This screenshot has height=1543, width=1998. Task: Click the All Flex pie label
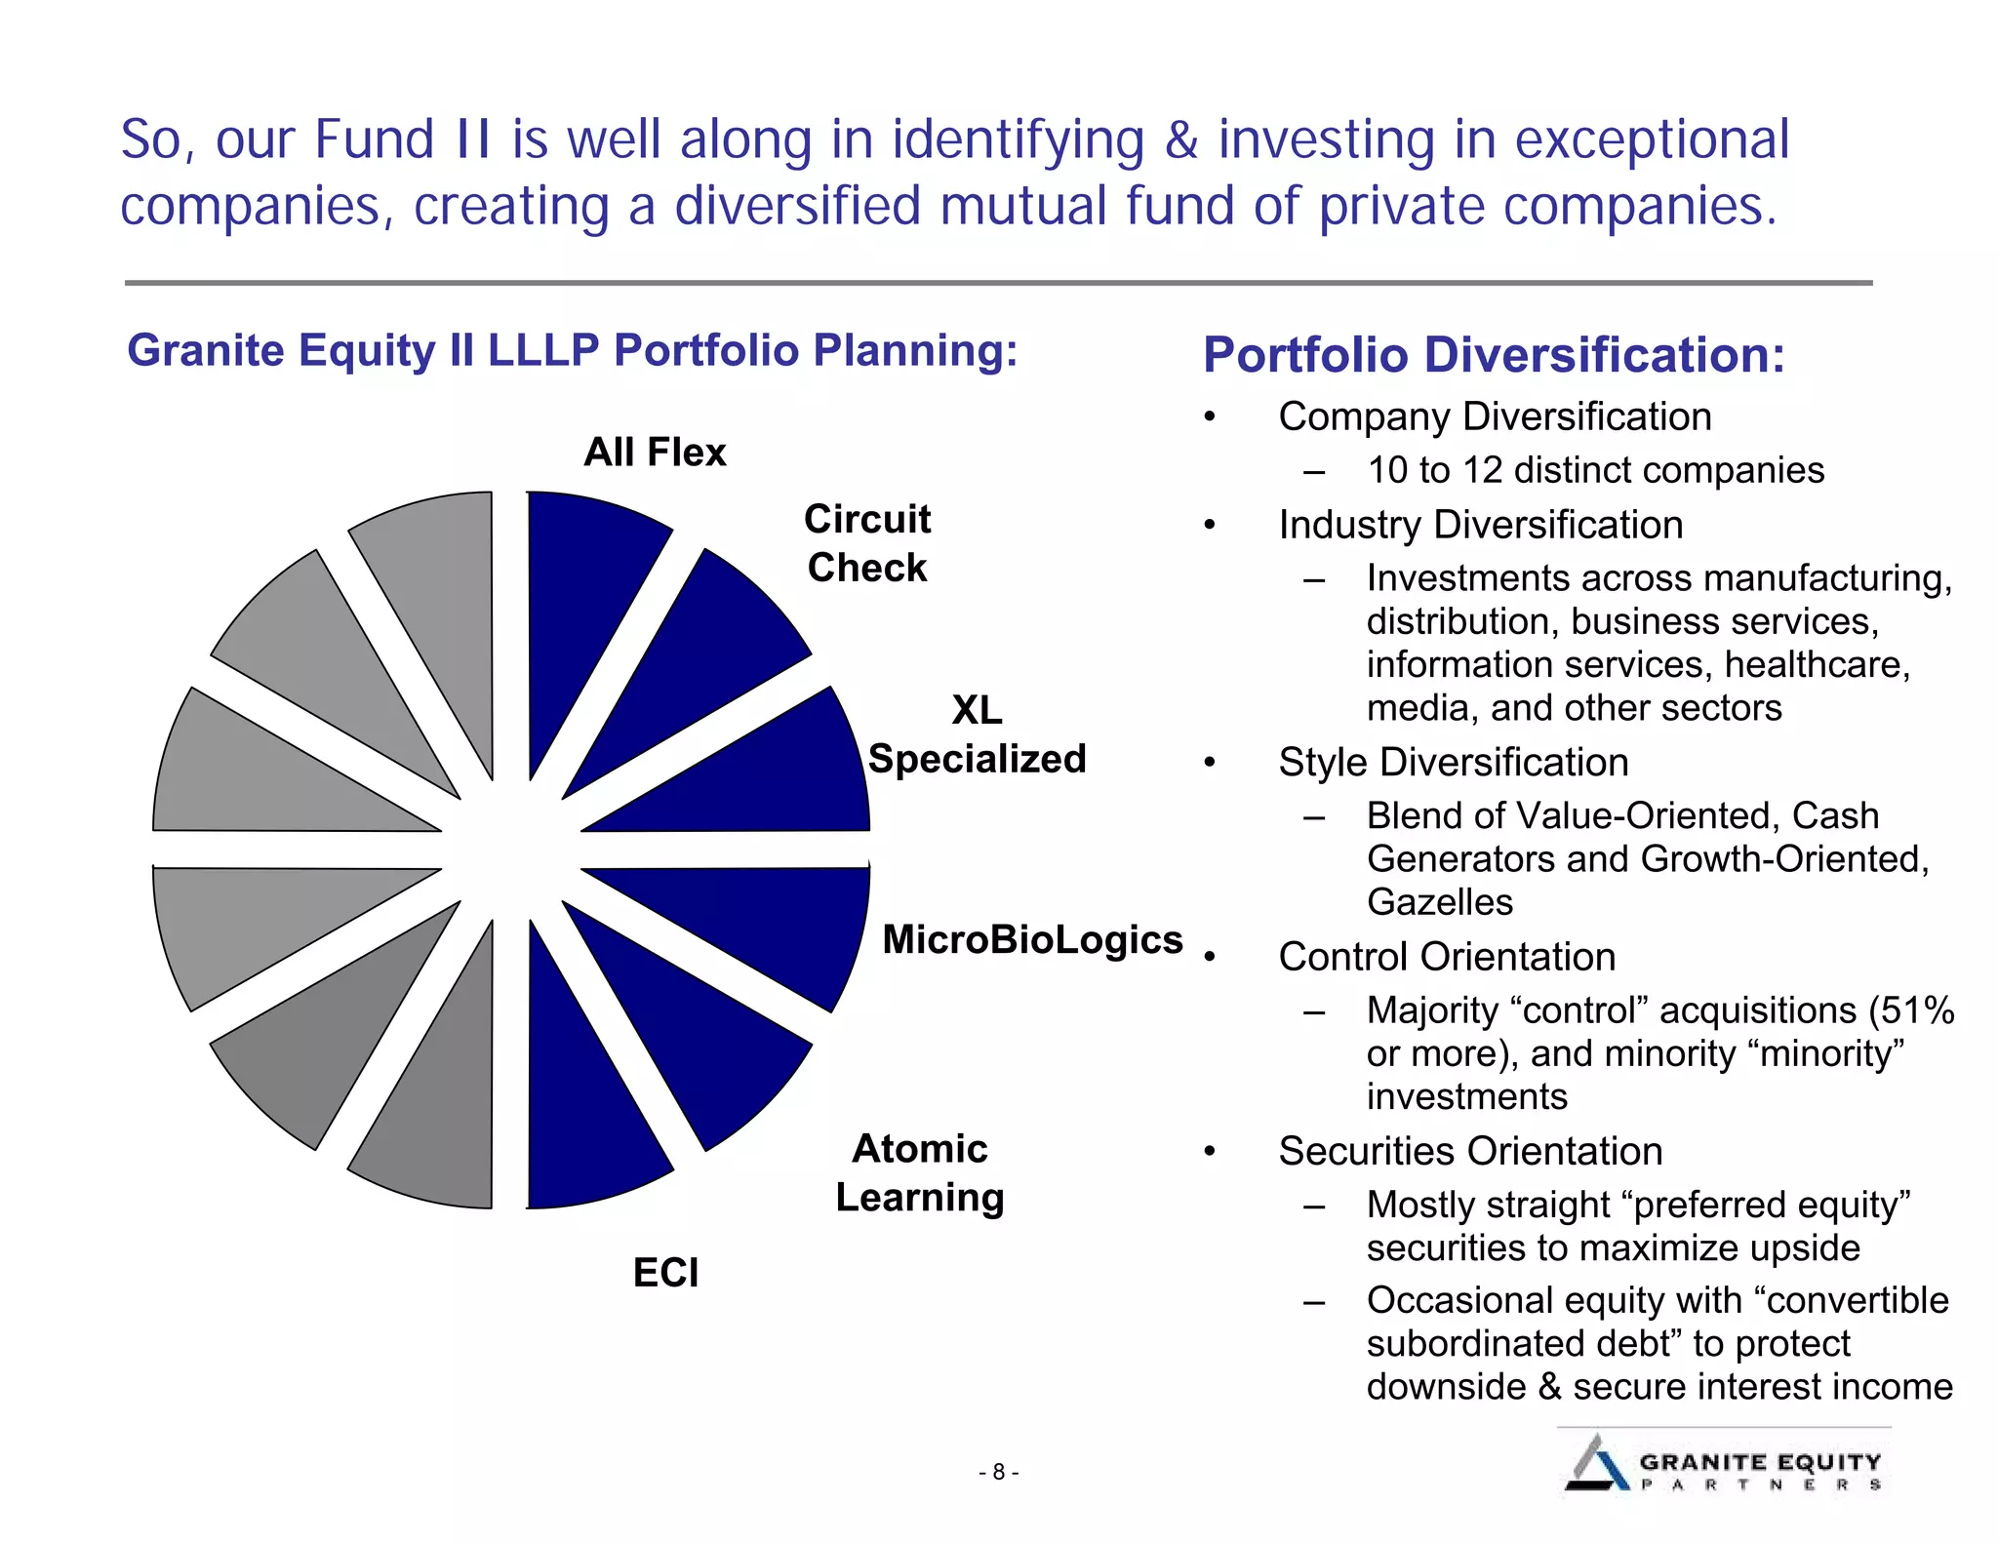pos(655,453)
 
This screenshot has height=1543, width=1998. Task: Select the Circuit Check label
pos(866,543)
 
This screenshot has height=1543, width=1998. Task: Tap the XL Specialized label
pos(977,734)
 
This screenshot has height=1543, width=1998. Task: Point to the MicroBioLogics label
pos(1032,940)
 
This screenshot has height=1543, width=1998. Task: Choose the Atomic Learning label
pos(919,1172)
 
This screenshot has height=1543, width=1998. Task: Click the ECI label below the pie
pos(665,1273)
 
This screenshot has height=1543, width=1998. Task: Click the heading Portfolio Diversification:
pos(1493,355)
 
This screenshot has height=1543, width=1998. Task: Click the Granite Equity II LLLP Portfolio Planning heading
pos(573,350)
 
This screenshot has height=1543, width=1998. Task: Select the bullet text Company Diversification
pos(1495,416)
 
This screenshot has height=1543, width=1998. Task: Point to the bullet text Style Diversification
pos(1453,762)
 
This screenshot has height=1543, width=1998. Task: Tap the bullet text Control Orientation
pos(1447,957)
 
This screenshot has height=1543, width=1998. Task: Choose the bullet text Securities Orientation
pos(1470,1151)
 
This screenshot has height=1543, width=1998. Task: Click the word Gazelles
pos(1439,902)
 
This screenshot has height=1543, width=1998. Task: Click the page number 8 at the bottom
pos(998,1472)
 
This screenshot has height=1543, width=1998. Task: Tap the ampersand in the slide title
pos(1180,139)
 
